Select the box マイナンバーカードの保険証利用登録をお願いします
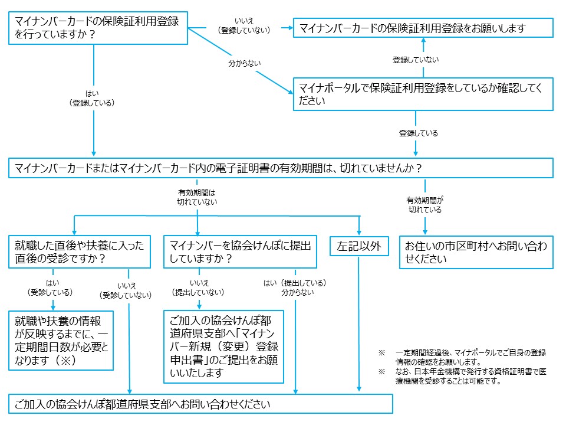coord(423,28)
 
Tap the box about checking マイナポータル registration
coord(423,94)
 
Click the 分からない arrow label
coord(245,63)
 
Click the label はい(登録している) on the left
coord(93,97)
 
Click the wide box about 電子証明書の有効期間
coord(281,168)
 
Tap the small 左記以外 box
coord(359,246)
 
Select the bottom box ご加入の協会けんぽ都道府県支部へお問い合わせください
coord(200,404)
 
